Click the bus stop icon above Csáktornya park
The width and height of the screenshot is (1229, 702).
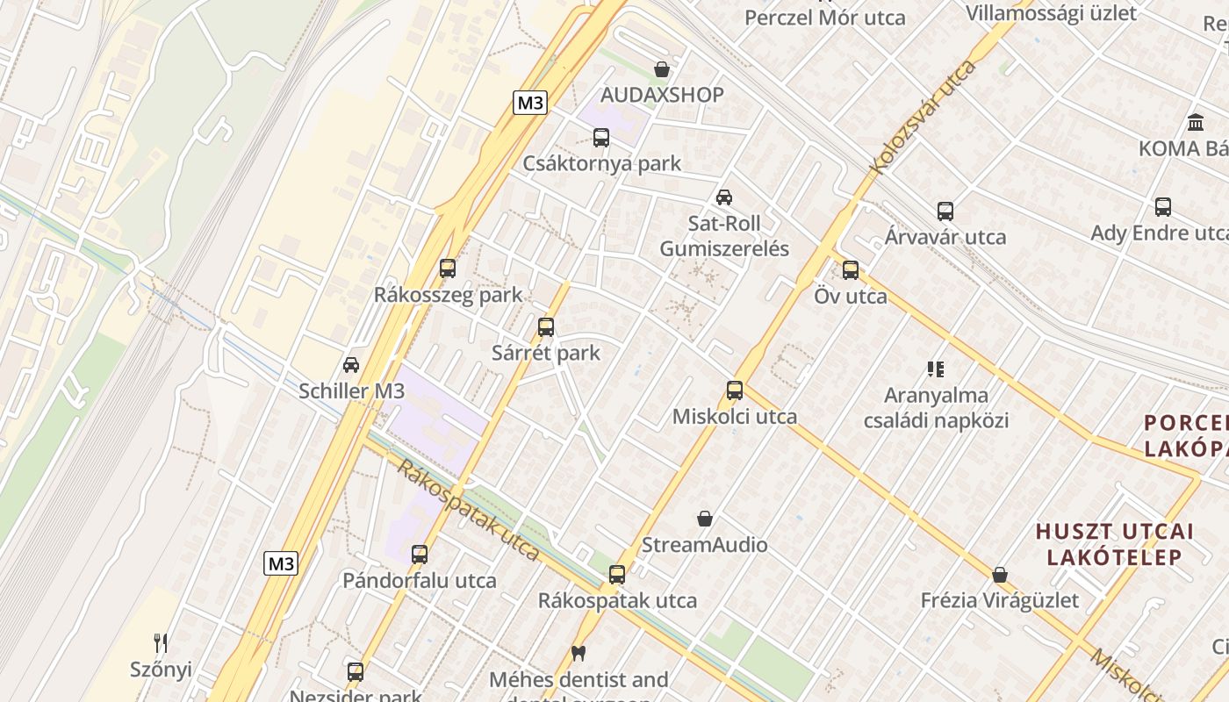pos(601,138)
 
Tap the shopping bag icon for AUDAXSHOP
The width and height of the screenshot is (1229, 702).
pos(662,69)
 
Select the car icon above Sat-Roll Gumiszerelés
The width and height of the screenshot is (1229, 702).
pos(724,197)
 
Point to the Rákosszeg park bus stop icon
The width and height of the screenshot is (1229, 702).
pos(448,269)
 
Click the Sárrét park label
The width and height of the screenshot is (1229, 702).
pos(546,353)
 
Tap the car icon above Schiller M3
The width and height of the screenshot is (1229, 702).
pos(351,365)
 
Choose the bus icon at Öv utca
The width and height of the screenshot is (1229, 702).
pos(851,270)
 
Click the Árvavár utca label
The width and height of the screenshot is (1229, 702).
pos(945,237)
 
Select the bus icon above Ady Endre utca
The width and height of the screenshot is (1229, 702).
pos(1163,207)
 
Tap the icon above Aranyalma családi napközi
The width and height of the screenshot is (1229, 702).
pos(936,369)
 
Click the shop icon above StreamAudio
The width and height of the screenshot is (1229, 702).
pos(705,519)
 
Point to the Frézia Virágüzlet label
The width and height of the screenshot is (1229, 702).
pos(1000,600)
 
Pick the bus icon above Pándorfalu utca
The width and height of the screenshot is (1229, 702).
pos(420,555)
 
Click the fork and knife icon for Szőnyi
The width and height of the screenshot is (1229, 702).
pos(161,643)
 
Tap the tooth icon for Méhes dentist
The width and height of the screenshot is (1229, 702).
pos(578,653)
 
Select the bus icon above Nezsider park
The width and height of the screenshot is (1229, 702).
pos(356,672)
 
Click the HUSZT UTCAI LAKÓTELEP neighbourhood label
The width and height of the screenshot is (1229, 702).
pos(1115,544)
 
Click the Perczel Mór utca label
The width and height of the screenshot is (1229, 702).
pos(824,18)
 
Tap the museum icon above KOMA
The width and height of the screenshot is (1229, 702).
pos(1195,123)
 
